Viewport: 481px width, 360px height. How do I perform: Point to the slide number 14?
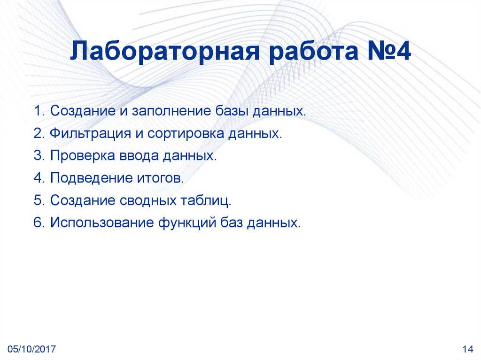point(467,349)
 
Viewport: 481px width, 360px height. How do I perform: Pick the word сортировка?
point(186,134)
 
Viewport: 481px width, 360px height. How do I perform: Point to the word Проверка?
point(79,156)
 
